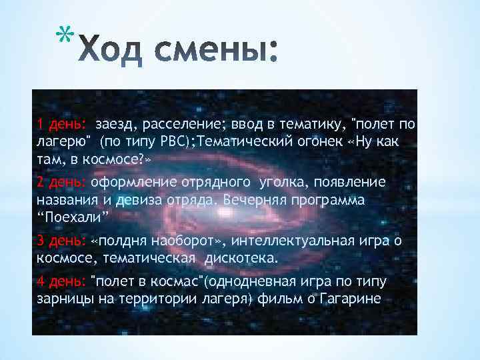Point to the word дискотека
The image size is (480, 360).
245,257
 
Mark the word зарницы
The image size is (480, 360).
61,297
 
